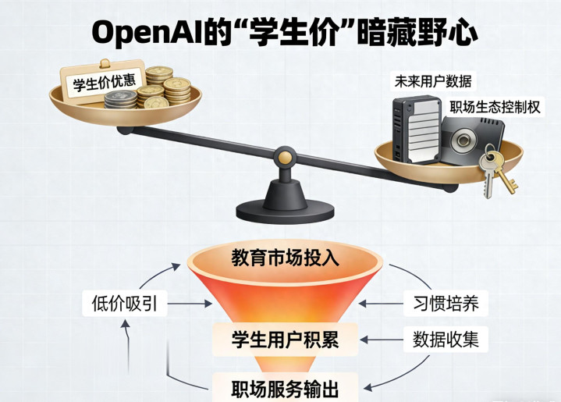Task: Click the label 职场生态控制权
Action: tap(495, 107)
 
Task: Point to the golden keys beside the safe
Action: tap(495, 173)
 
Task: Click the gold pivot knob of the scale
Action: tap(286, 158)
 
